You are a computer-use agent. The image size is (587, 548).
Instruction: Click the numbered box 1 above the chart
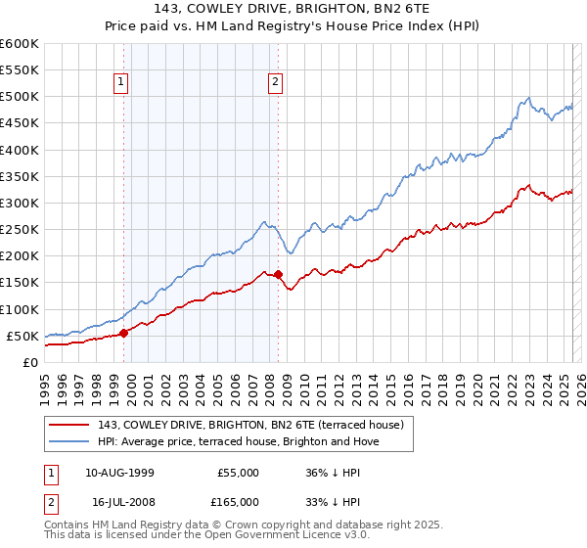pos(120,82)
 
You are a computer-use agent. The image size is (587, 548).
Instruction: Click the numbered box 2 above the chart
pos(276,82)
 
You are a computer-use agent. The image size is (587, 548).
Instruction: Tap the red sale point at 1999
pos(123,333)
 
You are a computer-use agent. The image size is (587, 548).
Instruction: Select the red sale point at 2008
pos(279,274)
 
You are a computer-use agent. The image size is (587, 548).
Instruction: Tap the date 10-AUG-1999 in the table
pos(119,473)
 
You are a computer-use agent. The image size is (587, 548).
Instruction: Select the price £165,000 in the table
pos(239,502)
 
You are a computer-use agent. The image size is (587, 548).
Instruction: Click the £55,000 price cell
pos(239,473)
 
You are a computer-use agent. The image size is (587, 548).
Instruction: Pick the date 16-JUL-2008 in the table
pos(119,502)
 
